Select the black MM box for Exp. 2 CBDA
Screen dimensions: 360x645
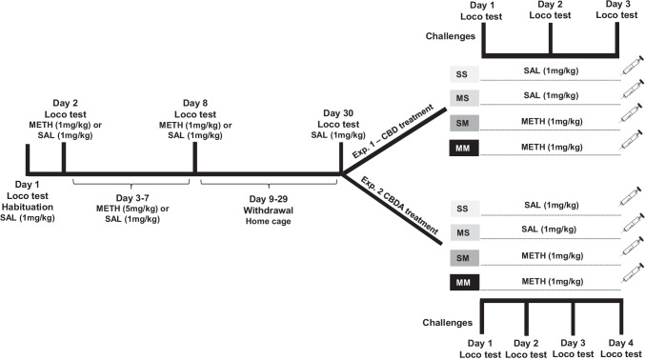coord(463,282)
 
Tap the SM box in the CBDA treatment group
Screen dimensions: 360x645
coord(463,256)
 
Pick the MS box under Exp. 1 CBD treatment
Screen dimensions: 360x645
coord(463,97)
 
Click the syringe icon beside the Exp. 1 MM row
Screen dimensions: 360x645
coord(630,144)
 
